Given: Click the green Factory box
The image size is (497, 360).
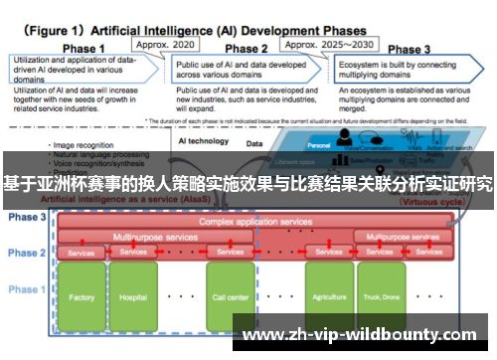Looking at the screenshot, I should click(x=83, y=296).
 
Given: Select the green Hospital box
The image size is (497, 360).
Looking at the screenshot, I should click(x=134, y=296).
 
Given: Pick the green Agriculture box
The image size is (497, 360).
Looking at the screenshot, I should click(x=329, y=296).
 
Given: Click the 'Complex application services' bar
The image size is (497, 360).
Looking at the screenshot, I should click(x=255, y=222).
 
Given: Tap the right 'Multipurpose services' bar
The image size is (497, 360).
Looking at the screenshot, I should click(x=398, y=238).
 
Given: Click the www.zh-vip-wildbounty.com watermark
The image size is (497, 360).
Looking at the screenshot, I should click(x=362, y=335).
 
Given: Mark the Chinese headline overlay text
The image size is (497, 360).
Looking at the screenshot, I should click(x=248, y=184).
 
